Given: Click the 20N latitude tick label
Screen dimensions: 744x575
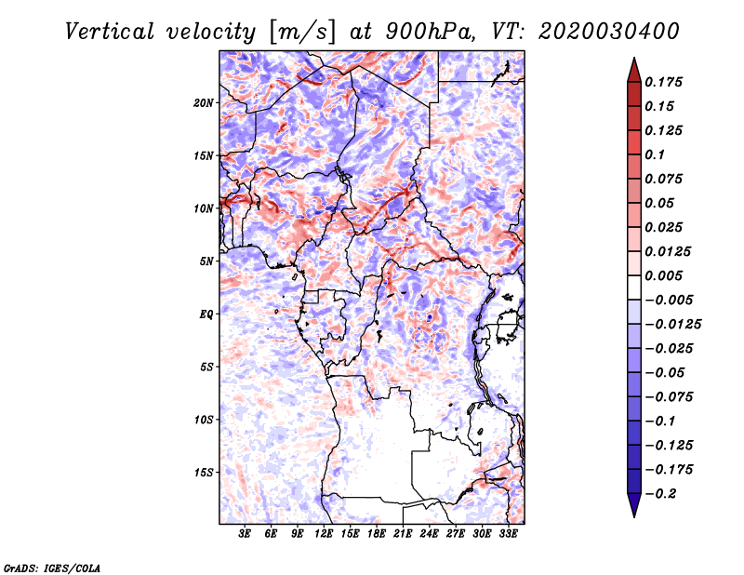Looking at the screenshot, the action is click(204, 103).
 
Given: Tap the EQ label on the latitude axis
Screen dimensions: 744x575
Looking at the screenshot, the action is click(206, 314).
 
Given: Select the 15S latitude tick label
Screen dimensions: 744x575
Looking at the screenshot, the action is click(204, 473).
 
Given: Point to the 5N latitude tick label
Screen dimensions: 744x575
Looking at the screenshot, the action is click(206, 261).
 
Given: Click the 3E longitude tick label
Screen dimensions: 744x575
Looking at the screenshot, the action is click(245, 534).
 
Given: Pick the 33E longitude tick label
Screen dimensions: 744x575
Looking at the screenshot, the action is click(508, 534).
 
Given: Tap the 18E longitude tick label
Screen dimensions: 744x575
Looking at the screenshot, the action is click(377, 534).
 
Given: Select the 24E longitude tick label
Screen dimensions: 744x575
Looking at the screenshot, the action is click(429, 534).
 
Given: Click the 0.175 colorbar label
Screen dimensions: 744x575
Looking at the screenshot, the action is click(663, 82).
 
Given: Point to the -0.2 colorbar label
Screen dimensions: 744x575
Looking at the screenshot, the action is click(660, 494).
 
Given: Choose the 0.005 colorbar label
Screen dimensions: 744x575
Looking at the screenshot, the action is click(663, 275).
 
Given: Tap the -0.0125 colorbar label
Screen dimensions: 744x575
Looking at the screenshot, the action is click(672, 325).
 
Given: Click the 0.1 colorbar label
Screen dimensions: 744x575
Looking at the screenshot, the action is click(655, 154).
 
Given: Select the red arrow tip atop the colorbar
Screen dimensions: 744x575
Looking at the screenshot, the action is click(634, 58).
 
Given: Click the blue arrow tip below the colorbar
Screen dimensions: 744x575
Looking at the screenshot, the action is click(634, 516).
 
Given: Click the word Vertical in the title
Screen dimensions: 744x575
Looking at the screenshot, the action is click(110, 32).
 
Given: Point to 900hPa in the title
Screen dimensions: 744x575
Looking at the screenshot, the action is click(431, 32).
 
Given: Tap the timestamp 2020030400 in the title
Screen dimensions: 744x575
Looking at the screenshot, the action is click(609, 32).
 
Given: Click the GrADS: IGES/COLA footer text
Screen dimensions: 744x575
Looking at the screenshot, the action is click(52, 568).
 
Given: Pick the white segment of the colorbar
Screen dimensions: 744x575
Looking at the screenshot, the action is click(634, 287).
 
